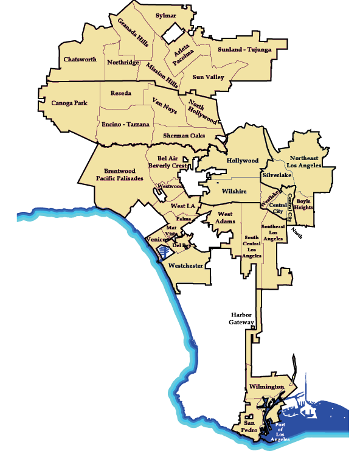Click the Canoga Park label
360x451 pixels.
pyautogui.click(x=69, y=103)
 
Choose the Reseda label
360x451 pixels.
pyautogui.click(x=121, y=94)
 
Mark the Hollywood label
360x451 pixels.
pyautogui.click(x=243, y=161)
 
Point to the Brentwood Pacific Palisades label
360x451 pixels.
pyautogui.click(x=119, y=175)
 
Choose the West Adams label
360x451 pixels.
pyautogui.click(x=225, y=217)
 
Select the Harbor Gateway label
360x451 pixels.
pyautogui.click(x=241, y=318)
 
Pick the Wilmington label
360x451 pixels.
pyautogui.click(x=266, y=387)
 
